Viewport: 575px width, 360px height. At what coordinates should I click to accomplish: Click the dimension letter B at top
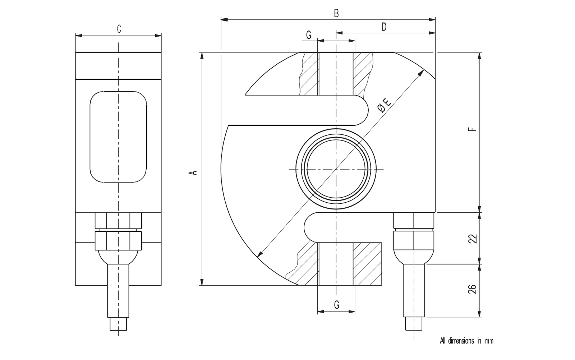[336, 13]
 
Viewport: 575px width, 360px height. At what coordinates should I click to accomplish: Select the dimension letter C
[119, 29]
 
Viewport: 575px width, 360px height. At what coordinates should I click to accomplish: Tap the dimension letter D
[384, 27]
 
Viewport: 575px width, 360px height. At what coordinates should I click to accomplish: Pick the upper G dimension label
[309, 35]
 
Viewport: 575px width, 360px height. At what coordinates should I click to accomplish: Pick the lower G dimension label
[336, 305]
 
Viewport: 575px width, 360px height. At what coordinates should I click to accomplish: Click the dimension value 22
[474, 239]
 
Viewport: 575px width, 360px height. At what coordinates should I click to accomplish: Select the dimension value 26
[474, 289]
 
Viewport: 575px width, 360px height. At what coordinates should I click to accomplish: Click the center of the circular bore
[336, 169]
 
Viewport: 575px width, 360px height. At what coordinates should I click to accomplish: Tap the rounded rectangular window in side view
[118, 137]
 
